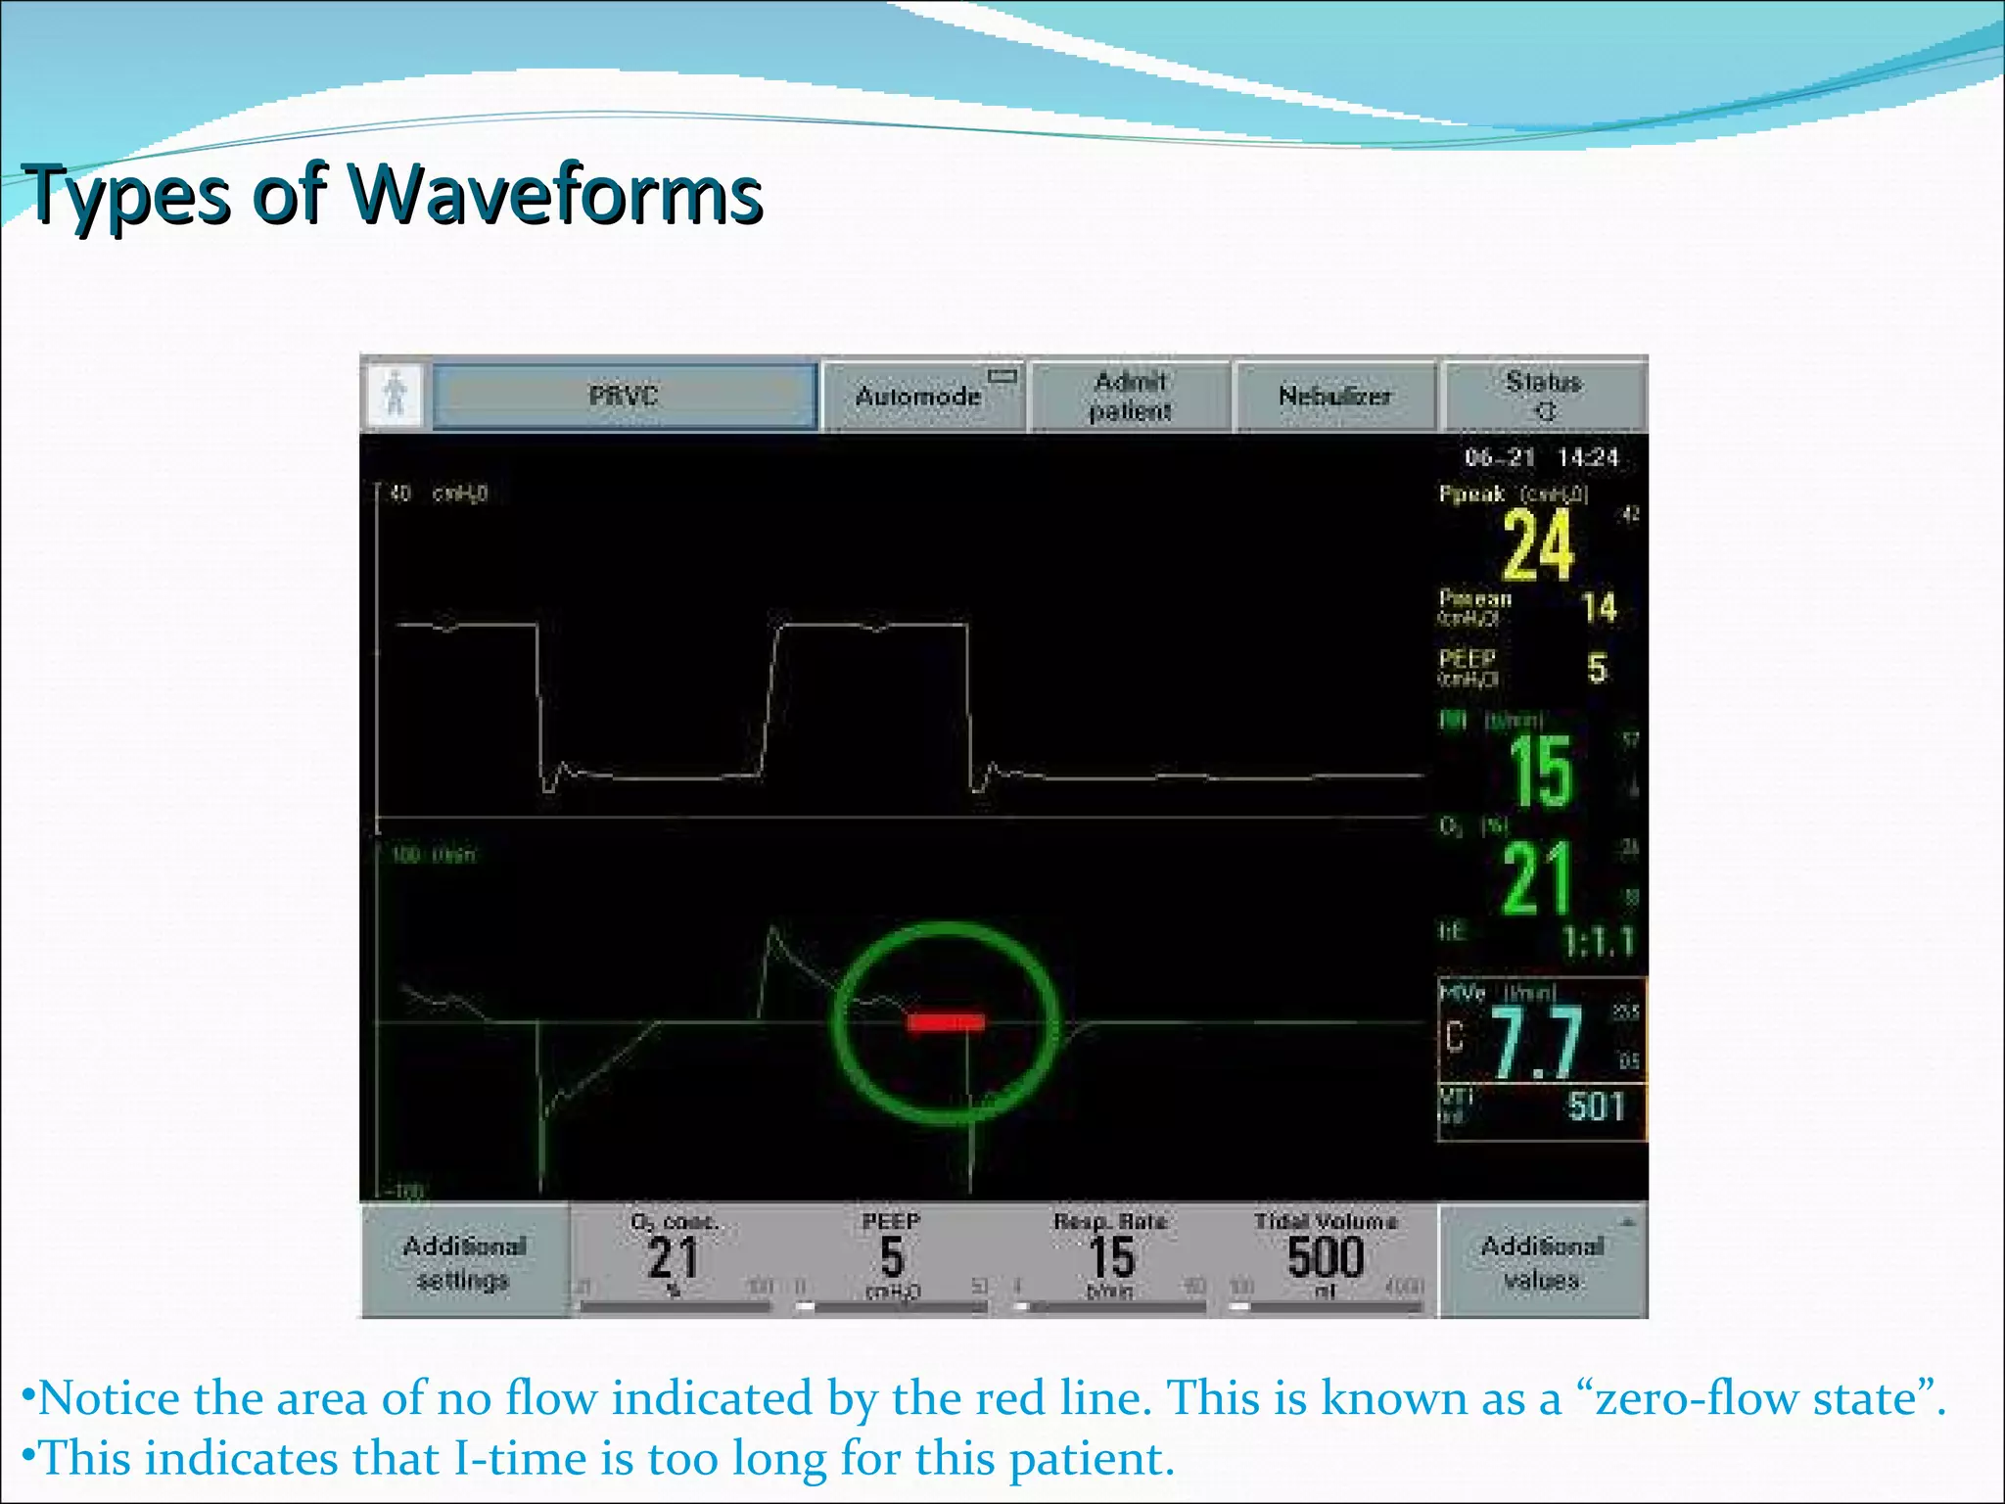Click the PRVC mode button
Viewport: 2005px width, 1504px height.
[x=625, y=396]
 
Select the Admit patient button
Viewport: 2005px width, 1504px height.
[x=1131, y=396]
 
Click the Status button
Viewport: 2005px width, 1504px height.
[x=1544, y=396]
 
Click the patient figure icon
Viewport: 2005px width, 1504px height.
[x=396, y=396]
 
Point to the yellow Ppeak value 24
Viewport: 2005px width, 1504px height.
[x=1538, y=546]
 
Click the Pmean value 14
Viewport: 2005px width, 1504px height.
[x=1599, y=608]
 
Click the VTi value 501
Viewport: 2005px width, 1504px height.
[x=1596, y=1106]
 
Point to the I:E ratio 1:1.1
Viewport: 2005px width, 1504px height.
[x=1598, y=942]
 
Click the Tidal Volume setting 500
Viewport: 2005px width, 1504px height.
[x=1325, y=1257]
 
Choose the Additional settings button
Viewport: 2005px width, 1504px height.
[x=465, y=1262]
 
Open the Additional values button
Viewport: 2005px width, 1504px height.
[x=1542, y=1262]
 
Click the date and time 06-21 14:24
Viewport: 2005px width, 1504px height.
[x=1541, y=457]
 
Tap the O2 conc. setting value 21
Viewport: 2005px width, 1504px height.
[x=673, y=1257]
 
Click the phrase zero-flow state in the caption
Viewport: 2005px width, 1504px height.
[x=1753, y=1398]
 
